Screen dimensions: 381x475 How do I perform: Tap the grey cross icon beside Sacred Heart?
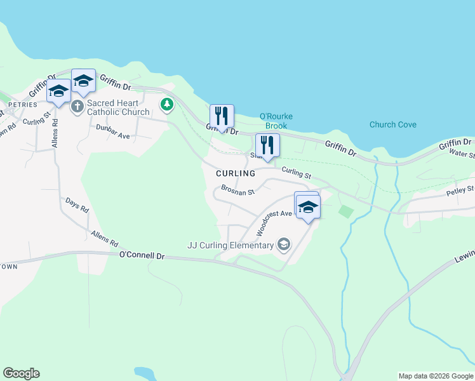pyautogui.click(x=77, y=106)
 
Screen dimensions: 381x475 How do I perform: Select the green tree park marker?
pyautogui.click(x=166, y=104)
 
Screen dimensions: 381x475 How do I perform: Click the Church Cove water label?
pyautogui.click(x=393, y=124)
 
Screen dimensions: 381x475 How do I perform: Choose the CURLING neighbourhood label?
pyautogui.click(x=235, y=173)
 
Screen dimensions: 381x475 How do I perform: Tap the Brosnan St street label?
pyautogui.click(x=237, y=190)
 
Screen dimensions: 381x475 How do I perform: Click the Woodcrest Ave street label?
pyautogui.click(x=274, y=220)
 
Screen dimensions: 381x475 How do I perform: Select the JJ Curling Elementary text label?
pyautogui.click(x=231, y=245)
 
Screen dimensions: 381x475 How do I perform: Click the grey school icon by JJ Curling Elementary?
pyautogui.click(x=284, y=244)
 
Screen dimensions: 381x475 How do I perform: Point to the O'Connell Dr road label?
pyautogui.click(x=142, y=255)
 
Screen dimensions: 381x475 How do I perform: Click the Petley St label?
pyautogui.click(x=460, y=190)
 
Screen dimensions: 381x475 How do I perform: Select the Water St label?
pyautogui.click(x=462, y=153)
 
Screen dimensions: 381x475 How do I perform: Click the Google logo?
pyautogui.click(x=21, y=373)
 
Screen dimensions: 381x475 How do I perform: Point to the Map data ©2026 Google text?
pyautogui.click(x=436, y=376)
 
